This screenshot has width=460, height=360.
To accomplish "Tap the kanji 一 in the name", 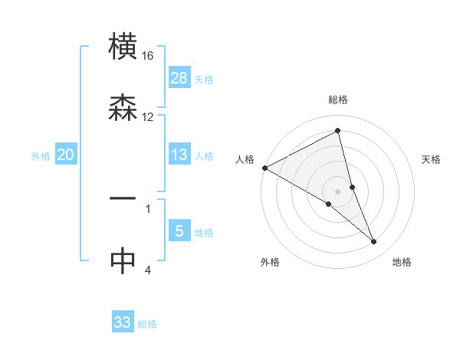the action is (x=123, y=198).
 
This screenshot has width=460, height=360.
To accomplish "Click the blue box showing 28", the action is (x=179, y=77).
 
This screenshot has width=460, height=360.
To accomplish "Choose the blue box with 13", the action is (x=179, y=154).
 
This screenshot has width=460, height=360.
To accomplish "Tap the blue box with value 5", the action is (x=179, y=231).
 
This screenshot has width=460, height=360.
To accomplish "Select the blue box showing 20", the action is (x=66, y=154).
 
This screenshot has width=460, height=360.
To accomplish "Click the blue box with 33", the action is (x=123, y=322).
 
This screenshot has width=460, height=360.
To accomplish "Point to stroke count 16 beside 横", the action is (x=148, y=56).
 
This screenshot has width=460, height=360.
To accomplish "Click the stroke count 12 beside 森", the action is (x=148, y=116).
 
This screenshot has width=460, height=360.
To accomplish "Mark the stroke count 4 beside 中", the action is (x=148, y=270).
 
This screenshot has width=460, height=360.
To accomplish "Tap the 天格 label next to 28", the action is (x=204, y=79).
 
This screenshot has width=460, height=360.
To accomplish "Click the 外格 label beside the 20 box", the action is (x=41, y=155).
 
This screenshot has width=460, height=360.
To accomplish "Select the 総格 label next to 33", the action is (x=147, y=324).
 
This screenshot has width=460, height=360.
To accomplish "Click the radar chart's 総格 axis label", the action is (x=338, y=100).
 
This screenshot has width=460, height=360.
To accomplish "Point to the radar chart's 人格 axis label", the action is (x=245, y=159).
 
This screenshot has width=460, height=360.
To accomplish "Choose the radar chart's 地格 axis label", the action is (x=402, y=262).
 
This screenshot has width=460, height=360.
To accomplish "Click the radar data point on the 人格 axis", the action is (x=264, y=168).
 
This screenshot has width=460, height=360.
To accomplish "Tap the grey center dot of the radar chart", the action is (x=338, y=191).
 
